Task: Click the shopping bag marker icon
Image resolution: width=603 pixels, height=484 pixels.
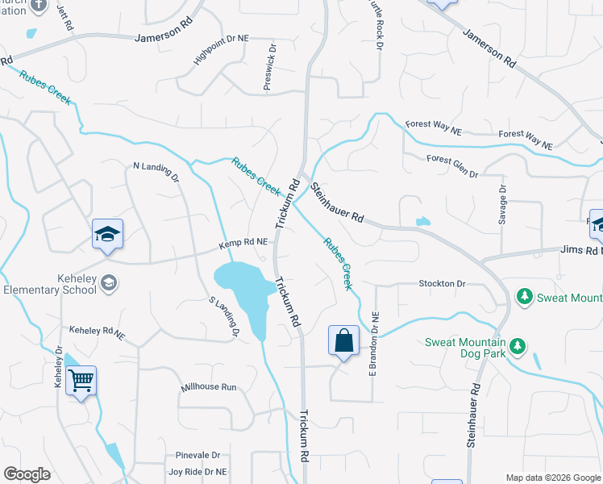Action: tap(344, 340)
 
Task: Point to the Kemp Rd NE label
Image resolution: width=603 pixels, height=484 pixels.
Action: tap(243, 242)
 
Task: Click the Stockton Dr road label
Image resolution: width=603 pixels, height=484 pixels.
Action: tap(442, 284)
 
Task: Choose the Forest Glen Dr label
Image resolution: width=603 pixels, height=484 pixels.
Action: tap(452, 166)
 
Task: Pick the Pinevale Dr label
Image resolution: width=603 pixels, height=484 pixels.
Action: tap(193, 455)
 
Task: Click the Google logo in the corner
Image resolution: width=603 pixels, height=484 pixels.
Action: tap(27, 474)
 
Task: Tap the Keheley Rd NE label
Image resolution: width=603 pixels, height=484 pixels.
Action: tap(97, 332)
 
